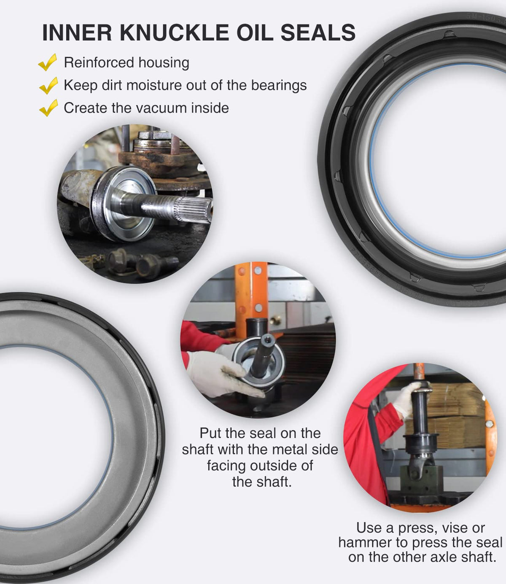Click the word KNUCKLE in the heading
(174, 32)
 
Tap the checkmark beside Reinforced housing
(48, 62)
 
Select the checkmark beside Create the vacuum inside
(48, 108)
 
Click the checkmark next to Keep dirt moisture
(48, 85)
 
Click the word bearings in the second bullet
(279, 86)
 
